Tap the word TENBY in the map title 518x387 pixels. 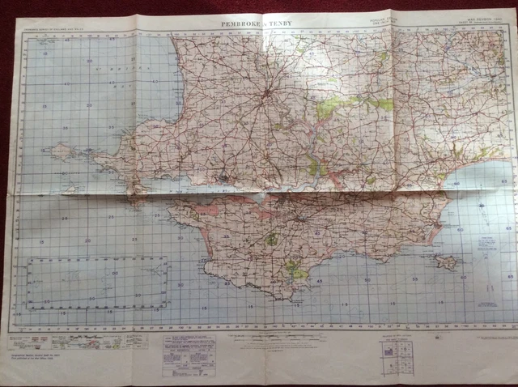pos(280,25)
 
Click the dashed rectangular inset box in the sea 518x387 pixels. pos(97,283)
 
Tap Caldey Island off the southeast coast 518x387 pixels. pos(444,262)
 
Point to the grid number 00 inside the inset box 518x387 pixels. pos(113,274)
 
